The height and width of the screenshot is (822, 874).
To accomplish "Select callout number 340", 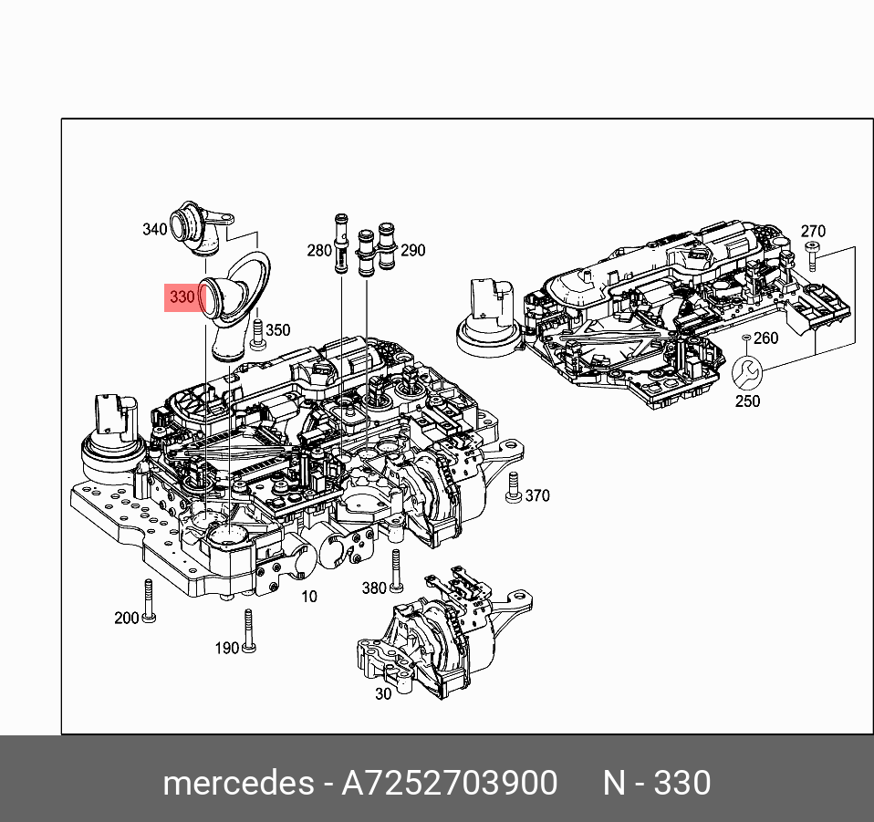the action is (x=155, y=229).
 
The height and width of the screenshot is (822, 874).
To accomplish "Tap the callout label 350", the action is (x=277, y=331).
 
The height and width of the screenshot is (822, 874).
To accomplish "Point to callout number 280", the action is (x=319, y=250).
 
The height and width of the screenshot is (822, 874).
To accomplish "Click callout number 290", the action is (x=413, y=250).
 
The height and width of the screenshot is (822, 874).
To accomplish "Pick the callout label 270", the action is (x=813, y=232).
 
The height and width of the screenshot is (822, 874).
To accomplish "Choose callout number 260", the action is (x=765, y=338).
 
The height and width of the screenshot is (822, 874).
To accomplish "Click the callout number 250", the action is (x=747, y=401).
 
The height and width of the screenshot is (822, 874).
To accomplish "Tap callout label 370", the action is (x=537, y=495).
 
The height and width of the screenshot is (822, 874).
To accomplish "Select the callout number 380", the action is (x=374, y=588).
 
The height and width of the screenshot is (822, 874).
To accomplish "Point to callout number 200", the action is (x=127, y=618).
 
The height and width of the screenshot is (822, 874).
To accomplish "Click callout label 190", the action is (x=226, y=648).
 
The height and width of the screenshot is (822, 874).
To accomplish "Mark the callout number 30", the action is (x=383, y=693).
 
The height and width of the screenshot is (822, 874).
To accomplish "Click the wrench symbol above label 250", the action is (x=745, y=373).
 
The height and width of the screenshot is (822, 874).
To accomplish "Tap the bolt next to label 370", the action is (x=513, y=487).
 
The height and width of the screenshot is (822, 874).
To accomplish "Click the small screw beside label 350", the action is (x=258, y=333).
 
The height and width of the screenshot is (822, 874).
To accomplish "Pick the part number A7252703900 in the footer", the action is (x=449, y=783).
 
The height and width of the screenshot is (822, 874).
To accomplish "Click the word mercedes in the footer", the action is (x=236, y=783).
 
